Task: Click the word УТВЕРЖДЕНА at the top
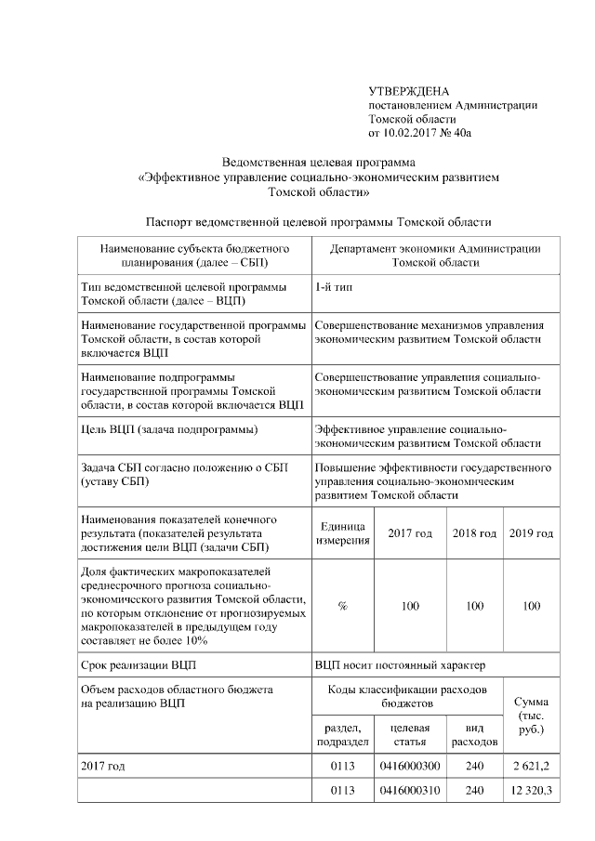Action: (408, 91)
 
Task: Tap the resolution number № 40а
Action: (458, 134)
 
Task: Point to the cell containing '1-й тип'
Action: (333, 287)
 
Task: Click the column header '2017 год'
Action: (410, 533)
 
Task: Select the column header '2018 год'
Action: (474, 533)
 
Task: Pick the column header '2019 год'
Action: (531, 533)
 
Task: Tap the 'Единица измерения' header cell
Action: (342, 533)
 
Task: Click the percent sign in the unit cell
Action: (342, 605)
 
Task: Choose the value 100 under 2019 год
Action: (531, 605)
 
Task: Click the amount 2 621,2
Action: (531, 766)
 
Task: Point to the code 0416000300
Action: (410, 766)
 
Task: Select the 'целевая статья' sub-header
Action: (410, 735)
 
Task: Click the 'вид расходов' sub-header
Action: (474, 735)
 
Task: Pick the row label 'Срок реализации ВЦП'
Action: (139, 665)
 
